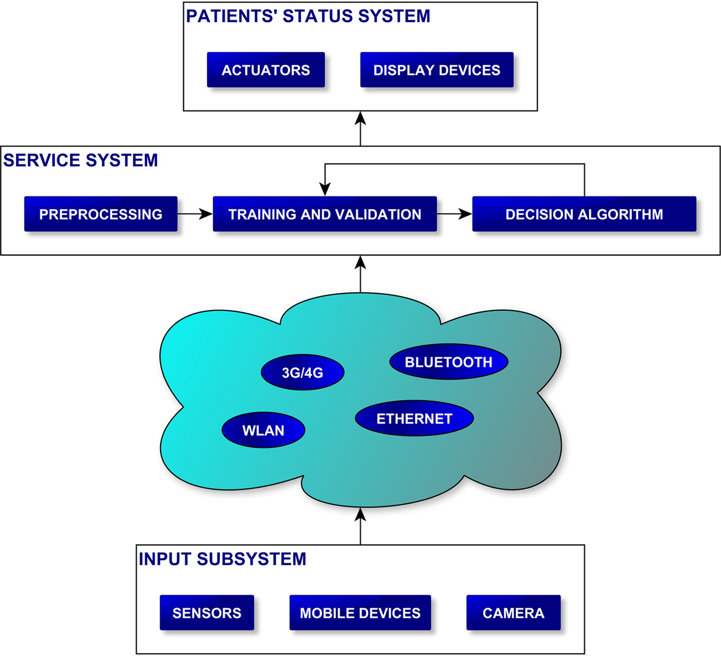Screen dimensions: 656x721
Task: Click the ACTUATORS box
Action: (x=266, y=70)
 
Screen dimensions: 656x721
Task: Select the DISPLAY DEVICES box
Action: (x=437, y=70)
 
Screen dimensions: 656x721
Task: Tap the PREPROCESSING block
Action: (x=101, y=214)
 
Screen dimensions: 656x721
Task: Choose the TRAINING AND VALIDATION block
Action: (x=325, y=214)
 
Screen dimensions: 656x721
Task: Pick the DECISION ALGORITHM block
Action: (x=584, y=214)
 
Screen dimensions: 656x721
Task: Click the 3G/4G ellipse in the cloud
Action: (x=302, y=372)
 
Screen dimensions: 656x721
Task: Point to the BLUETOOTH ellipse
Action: (x=449, y=362)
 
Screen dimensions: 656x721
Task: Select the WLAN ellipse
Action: (x=263, y=430)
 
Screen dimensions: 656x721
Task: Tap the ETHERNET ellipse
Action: (x=414, y=419)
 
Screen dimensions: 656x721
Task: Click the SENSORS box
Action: (x=207, y=613)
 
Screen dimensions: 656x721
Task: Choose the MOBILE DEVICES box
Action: (x=360, y=613)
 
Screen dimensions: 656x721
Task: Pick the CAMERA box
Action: (x=513, y=613)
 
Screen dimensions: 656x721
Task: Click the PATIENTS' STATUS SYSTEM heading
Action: (x=308, y=16)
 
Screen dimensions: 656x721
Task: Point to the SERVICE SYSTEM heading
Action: (x=81, y=160)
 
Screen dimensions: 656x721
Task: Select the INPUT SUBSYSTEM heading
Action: (x=222, y=559)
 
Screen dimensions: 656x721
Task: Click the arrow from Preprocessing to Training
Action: (x=195, y=214)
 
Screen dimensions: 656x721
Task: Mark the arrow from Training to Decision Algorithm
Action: (x=455, y=214)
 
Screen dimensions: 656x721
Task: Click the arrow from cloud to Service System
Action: (x=360, y=274)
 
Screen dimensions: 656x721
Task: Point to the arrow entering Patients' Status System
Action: (x=360, y=129)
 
